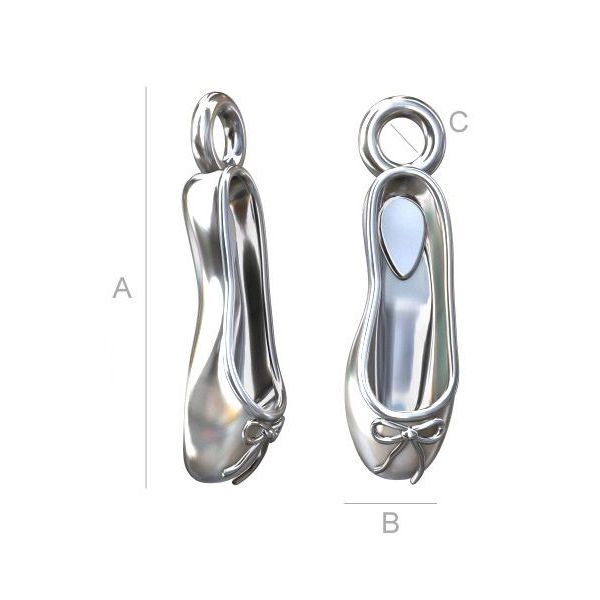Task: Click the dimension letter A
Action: (x=122, y=288)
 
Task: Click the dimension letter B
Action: (x=390, y=523)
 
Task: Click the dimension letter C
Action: (x=459, y=122)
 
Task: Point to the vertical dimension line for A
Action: (x=146, y=287)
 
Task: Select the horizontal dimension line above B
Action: (x=390, y=503)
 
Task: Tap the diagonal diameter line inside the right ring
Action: (x=403, y=138)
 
